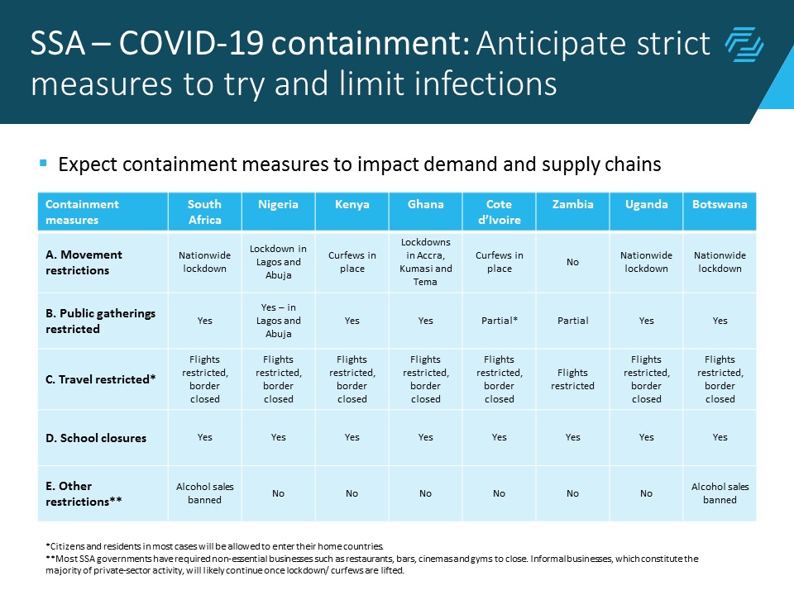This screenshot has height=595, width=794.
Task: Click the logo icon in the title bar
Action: point(744,45)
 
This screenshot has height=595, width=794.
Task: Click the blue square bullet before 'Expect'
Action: point(43,163)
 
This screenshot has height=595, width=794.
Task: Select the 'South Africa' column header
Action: point(204,212)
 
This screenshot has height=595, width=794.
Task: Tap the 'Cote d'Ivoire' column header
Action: point(499,212)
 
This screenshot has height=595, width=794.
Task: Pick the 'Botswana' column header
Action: point(720,204)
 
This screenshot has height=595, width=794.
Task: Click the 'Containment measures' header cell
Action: point(82,212)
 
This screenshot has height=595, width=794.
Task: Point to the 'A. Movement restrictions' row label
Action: point(84,262)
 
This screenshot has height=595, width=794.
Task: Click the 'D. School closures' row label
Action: point(95,438)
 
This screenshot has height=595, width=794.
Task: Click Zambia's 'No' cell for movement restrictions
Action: point(572,262)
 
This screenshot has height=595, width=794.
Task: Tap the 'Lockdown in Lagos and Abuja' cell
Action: point(278,262)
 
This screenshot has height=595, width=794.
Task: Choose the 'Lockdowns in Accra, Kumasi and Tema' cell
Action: point(425,262)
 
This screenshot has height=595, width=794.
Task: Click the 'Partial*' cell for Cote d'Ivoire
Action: point(499,321)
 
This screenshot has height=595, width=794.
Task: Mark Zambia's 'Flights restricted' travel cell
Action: point(572,379)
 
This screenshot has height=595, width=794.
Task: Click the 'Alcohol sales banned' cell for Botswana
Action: point(720,493)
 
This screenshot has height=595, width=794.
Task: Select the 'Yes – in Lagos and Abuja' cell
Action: point(278,321)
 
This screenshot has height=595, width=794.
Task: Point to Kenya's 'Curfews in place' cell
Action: point(352,262)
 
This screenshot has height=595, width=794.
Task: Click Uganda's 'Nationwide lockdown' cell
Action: point(646,262)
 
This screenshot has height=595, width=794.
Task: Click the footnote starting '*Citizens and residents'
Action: point(215,546)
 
